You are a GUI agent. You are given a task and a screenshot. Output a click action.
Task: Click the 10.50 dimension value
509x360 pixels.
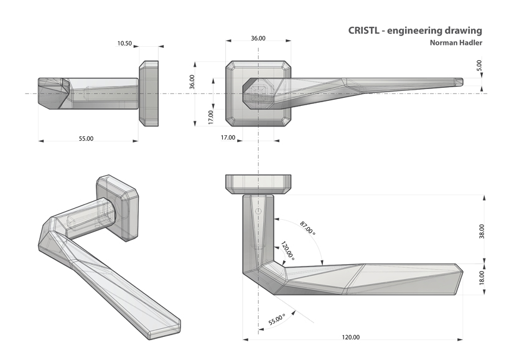pos(124,44)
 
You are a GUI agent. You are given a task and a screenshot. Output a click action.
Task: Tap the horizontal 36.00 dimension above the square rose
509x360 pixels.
pos(258,39)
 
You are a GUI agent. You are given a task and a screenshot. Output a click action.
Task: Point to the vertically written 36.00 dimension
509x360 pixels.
pos(192,82)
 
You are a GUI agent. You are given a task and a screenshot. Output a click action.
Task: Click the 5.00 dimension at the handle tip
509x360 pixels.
pos(479,65)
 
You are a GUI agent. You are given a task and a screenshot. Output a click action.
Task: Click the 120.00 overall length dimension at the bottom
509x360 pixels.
pos(350,337)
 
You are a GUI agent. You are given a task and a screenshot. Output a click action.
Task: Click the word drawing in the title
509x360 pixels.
pos(461,30)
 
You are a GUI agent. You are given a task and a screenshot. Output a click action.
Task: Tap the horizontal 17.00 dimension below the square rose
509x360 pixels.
pos(228,137)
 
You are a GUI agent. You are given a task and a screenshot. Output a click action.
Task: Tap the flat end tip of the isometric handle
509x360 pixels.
pos(167,329)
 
